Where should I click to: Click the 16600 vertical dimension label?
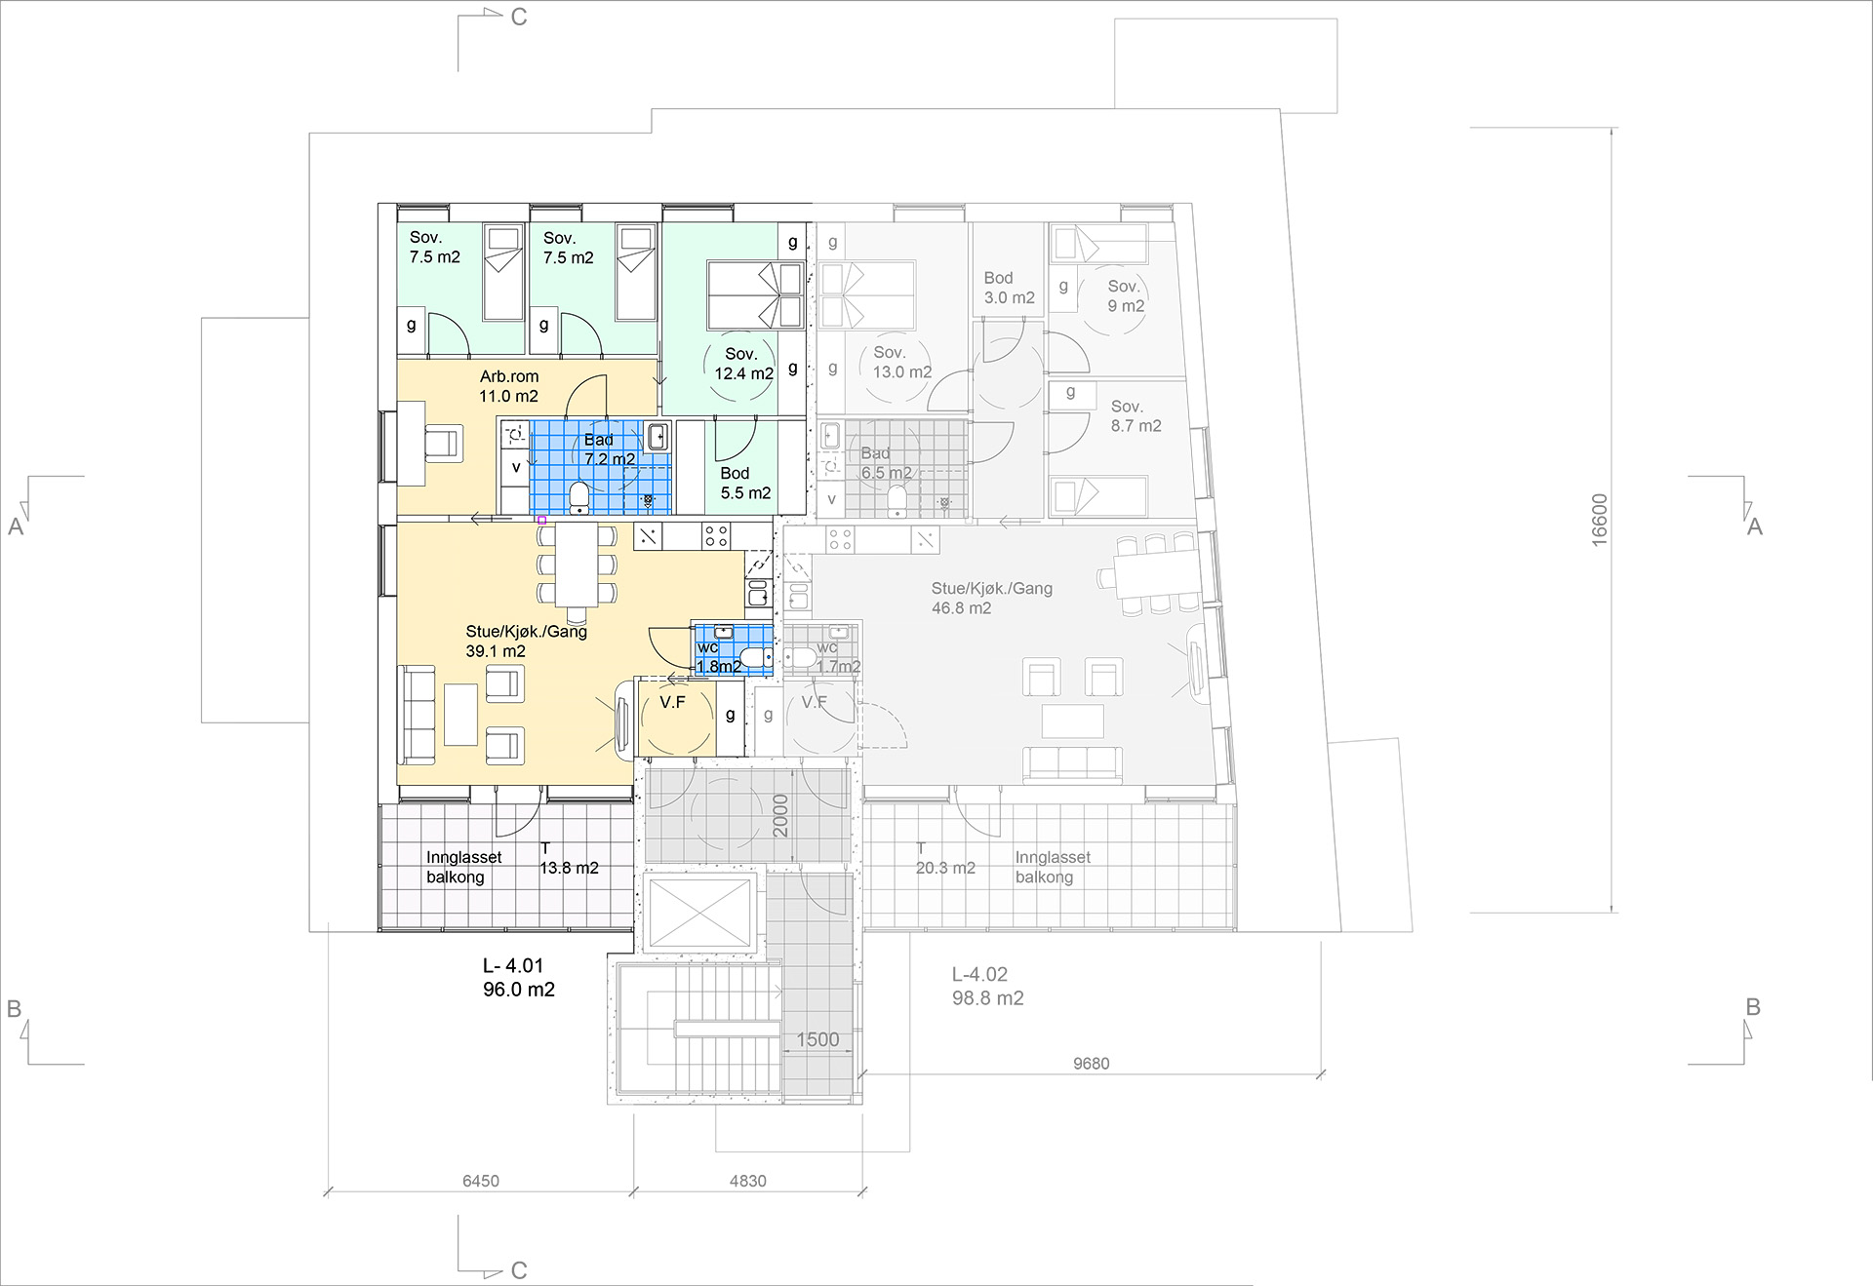click(1599, 520)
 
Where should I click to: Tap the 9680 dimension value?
click(1092, 1064)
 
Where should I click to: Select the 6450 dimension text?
click(481, 1181)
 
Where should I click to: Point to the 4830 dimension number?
click(748, 1181)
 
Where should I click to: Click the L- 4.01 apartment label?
click(513, 965)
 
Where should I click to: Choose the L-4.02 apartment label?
click(979, 974)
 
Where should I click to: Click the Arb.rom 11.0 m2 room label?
click(509, 386)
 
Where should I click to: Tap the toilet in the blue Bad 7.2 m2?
click(579, 496)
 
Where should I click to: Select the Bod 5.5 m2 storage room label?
click(745, 484)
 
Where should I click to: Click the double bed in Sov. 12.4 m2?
click(756, 294)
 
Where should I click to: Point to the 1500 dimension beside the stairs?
click(817, 1039)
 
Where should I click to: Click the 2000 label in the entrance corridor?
click(780, 816)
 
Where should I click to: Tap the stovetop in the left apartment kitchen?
click(716, 535)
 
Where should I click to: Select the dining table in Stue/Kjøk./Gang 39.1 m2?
click(578, 565)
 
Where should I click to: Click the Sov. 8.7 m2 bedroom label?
click(1136, 416)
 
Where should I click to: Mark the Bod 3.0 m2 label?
click(1009, 288)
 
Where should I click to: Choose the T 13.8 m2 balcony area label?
click(569, 858)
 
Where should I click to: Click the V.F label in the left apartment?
click(672, 702)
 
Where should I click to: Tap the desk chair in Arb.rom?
click(443, 442)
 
